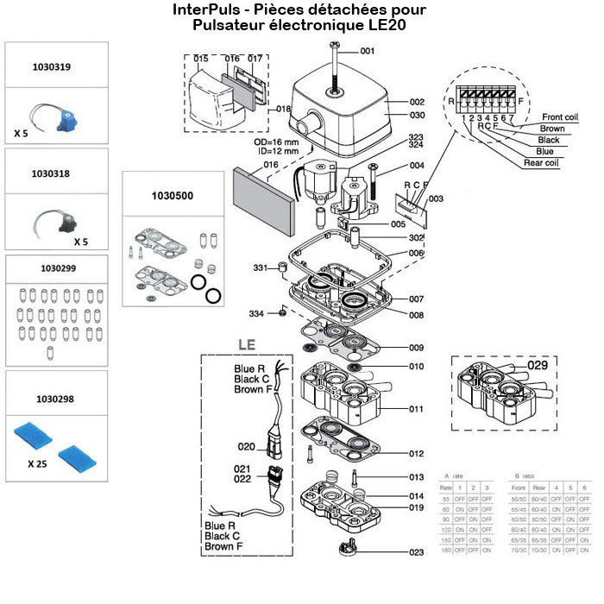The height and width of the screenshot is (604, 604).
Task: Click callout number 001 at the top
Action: pyautogui.click(x=368, y=52)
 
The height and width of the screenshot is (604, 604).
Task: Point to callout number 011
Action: pyautogui.click(x=417, y=408)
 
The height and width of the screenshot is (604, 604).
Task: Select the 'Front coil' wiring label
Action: pyautogui.click(x=559, y=116)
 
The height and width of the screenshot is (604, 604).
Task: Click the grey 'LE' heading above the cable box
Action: pyautogui.click(x=246, y=343)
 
